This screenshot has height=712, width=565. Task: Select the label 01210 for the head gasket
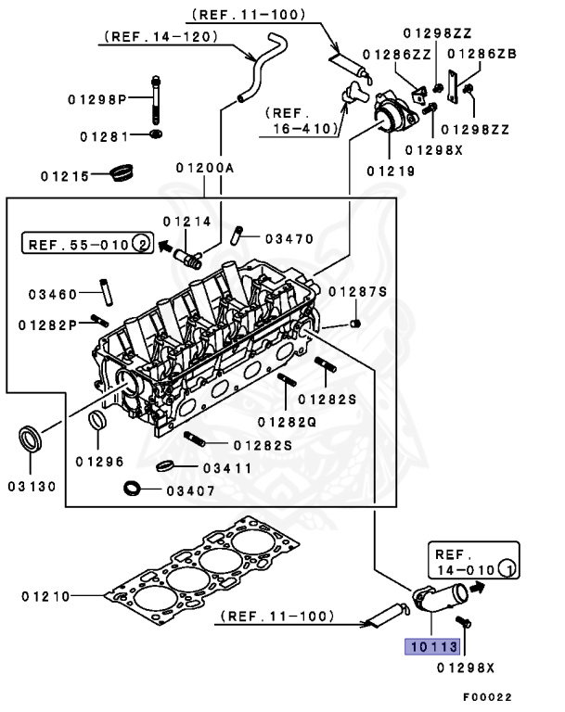pyautogui.click(x=45, y=595)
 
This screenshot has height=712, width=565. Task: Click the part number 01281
pyautogui.click(x=102, y=136)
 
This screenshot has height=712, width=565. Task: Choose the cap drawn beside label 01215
pyautogui.click(x=122, y=172)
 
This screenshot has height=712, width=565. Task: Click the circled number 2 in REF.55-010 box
pyautogui.click(x=141, y=245)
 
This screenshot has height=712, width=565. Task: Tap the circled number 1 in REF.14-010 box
pyautogui.click(x=505, y=567)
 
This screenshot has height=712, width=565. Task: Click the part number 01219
pyautogui.click(x=391, y=170)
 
